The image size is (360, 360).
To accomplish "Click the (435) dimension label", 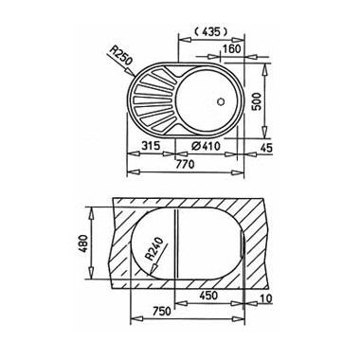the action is pyautogui.click(x=210, y=31).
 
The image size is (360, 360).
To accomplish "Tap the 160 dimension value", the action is pyautogui.click(x=232, y=49).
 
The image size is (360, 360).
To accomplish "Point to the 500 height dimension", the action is pyautogui.click(x=257, y=101).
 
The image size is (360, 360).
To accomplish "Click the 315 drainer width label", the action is pyautogui.click(x=151, y=146).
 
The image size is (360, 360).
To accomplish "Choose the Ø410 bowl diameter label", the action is pyautogui.click(x=206, y=146).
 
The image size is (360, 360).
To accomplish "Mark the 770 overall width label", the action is pyautogui.click(x=185, y=164).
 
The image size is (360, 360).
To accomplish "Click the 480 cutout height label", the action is pyautogui.click(x=83, y=243).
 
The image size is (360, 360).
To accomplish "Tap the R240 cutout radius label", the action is pyautogui.click(x=154, y=249).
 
